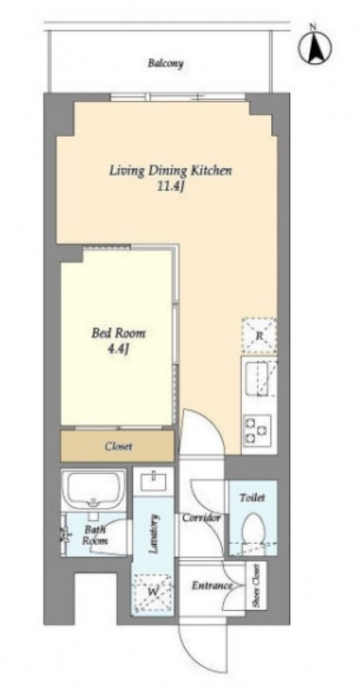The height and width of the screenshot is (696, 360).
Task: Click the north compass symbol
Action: (x=316, y=46)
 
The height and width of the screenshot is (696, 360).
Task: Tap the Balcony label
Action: (x=165, y=63)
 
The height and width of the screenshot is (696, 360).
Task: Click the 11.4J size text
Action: (x=171, y=187)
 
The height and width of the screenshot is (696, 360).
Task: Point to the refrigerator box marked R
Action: (x=259, y=335)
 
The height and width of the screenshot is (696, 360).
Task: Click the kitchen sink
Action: (x=259, y=378)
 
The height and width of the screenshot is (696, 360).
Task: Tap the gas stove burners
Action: (x=257, y=429)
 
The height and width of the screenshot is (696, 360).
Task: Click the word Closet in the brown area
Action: (x=118, y=446)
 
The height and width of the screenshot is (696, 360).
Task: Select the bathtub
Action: (x=94, y=488)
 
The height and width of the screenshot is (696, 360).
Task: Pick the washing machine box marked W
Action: (x=153, y=592)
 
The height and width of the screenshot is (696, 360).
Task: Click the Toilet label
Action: (x=252, y=498)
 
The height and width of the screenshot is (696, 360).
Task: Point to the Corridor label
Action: (x=201, y=518)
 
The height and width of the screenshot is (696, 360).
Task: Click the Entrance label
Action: (x=212, y=586)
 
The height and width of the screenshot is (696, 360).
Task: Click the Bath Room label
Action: (x=95, y=535)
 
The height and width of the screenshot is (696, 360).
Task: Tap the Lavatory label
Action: (x=154, y=534)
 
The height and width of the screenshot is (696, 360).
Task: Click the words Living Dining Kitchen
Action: (x=171, y=170)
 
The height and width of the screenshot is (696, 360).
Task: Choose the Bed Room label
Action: (x=118, y=333)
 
